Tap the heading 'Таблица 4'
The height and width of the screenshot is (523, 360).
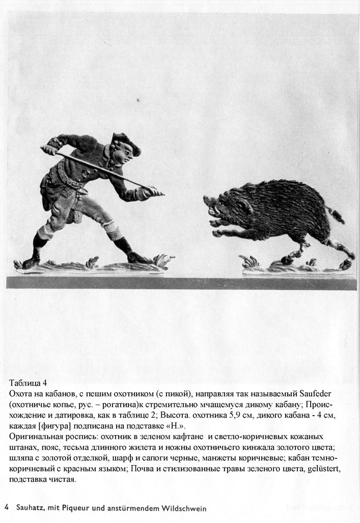coord(28,383)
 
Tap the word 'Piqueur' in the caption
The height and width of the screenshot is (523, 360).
coord(76,508)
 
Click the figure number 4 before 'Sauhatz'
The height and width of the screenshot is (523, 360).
coord(7,508)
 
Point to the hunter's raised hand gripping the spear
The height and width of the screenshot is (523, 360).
coord(48,150)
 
